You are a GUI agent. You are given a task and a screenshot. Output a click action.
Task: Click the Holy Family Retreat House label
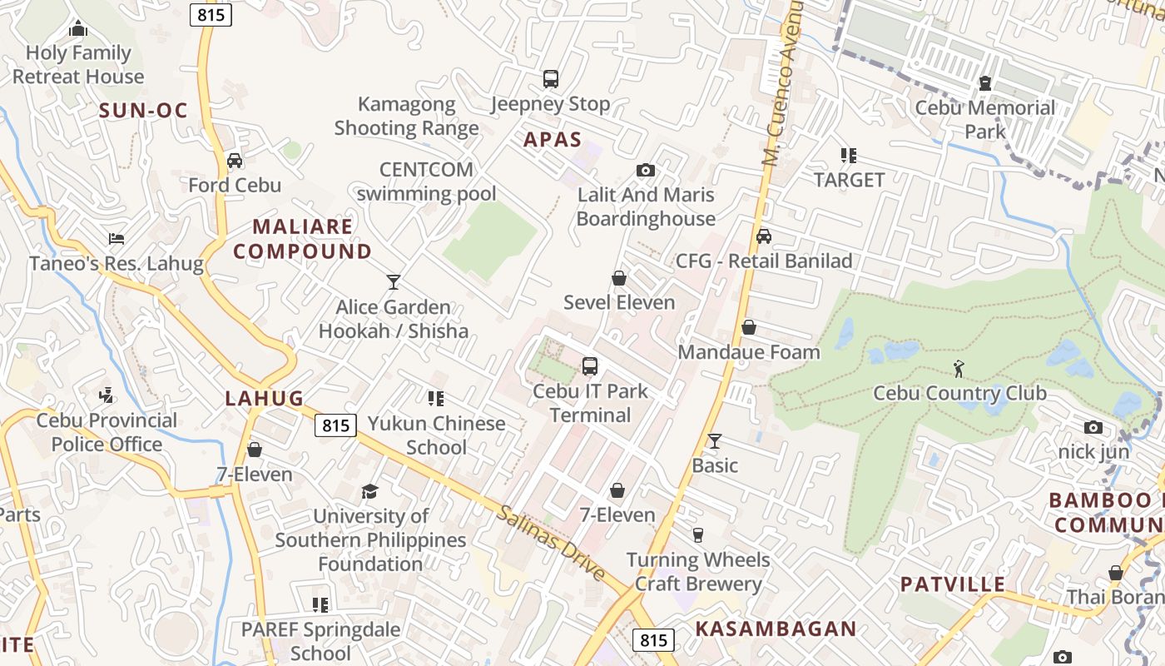coord(78,64)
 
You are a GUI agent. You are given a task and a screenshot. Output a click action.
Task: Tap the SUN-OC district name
coord(143,110)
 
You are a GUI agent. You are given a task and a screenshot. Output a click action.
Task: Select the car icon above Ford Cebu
coord(235,161)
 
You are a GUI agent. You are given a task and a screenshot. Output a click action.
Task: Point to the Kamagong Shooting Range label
coord(406,116)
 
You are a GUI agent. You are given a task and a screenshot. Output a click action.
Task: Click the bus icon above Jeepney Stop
coord(550,79)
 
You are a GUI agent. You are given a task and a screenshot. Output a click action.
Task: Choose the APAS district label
coord(553,139)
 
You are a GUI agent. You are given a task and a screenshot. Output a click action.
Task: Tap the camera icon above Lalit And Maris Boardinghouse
coord(645,171)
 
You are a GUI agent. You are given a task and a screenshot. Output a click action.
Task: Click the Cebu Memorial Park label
coord(985,119)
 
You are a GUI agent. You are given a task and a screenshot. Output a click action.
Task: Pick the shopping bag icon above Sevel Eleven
coord(618,278)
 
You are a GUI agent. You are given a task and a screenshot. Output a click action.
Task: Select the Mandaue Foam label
coord(749,351)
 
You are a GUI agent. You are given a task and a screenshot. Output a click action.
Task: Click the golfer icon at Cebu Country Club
coord(959,368)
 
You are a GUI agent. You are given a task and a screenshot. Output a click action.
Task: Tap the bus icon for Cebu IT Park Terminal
coord(589,365)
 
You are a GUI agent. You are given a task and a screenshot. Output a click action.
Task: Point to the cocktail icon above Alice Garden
coord(393,282)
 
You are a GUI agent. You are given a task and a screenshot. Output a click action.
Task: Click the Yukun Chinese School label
coord(437,435)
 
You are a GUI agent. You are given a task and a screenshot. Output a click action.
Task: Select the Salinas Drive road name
coord(552,542)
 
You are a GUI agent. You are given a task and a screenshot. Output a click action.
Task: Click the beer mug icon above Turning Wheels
coord(698,534)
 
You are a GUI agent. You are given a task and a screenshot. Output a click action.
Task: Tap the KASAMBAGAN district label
coord(776,629)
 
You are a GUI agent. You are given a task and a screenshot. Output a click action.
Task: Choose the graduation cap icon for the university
coord(369,492)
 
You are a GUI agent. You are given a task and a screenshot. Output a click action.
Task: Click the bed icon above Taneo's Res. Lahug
coord(116,239)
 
